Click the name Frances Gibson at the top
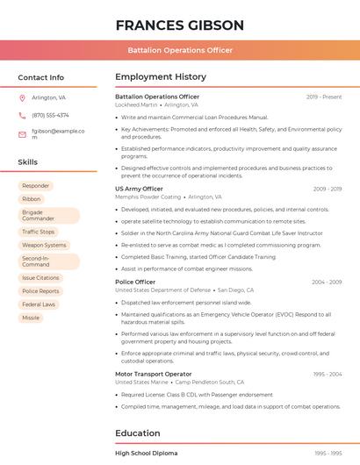click(179, 25)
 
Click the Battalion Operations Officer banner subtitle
click(179, 50)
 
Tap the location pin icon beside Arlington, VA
click(22, 97)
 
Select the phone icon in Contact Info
click(22, 115)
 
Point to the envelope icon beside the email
click(22, 134)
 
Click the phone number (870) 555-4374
click(50, 115)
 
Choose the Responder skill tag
click(35, 186)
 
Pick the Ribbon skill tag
click(31, 199)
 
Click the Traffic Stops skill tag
click(38, 232)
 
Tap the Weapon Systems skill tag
click(44, 246)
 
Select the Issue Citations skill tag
click(40, 277)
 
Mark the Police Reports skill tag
click(40, 291)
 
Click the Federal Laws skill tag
click(39, 304)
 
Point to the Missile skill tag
click(31, 318)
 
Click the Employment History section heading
click(161, 77)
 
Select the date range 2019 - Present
click(324, 97)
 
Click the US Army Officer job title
click(139, 189)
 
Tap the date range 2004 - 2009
click(327, 283)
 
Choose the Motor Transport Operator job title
click(154, 374)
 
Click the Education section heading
click(139, 433)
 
